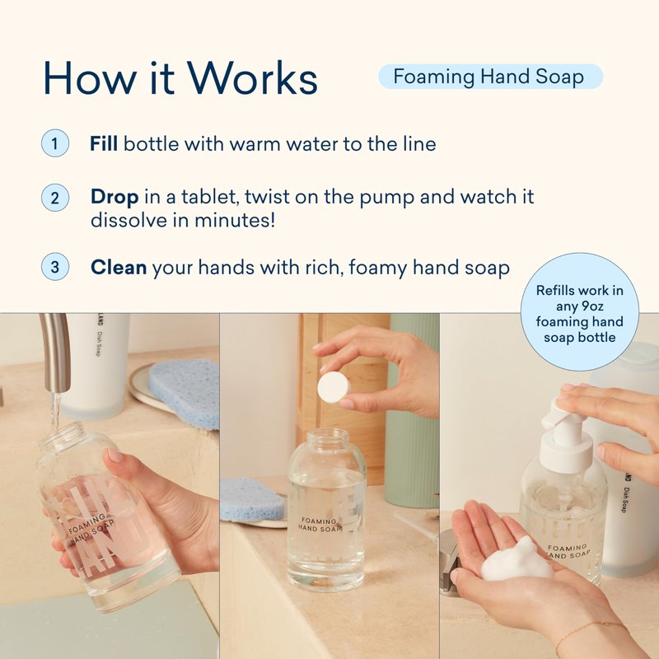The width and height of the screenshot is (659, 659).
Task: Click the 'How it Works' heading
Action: pos(180,78)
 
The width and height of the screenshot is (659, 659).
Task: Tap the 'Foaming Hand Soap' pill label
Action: pos(490,77)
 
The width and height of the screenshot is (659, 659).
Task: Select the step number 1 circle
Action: pos(55,143)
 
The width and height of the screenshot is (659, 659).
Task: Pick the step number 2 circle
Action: pos(55,198)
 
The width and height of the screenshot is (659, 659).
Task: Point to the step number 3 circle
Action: pos(55,267)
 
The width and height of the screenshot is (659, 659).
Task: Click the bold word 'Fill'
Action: pos(104,143)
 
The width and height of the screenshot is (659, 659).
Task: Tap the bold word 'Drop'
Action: pos(115,197)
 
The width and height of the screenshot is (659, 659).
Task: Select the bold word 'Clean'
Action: pos(119,267)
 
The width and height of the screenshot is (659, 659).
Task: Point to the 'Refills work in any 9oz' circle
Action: pos(580,312)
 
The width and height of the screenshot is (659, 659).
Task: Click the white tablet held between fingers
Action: pos(333,387)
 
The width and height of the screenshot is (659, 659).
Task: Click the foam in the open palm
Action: pos(516,559)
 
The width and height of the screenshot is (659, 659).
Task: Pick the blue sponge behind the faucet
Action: pos(185,393)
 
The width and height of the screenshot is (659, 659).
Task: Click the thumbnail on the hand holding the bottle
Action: pos(115,456)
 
